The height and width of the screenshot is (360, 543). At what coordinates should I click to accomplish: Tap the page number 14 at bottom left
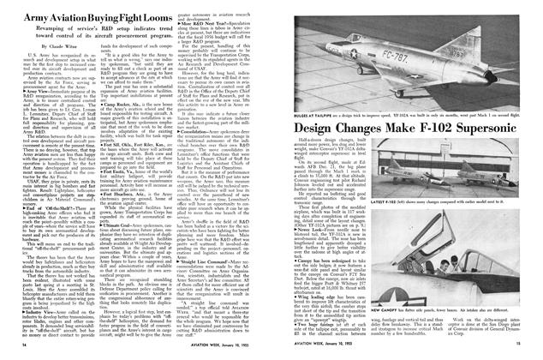pos(10,351)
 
